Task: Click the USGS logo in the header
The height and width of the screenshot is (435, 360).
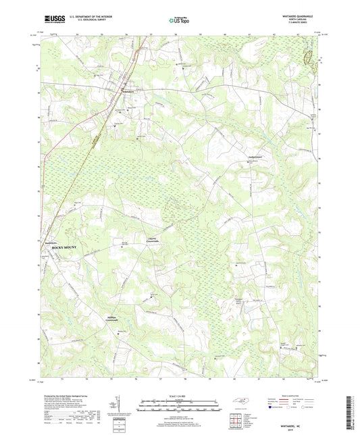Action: pyautogui.click(x=51, y=20)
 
